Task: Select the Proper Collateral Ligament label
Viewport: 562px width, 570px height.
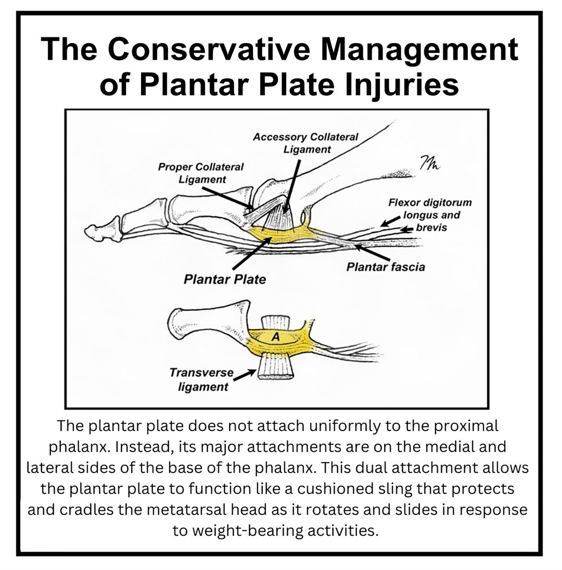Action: click(201, 173)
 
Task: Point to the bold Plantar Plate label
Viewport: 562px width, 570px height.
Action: click(224, 279)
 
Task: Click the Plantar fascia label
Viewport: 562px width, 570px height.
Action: click(386, 267)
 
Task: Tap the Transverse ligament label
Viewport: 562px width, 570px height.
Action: click(202, 379)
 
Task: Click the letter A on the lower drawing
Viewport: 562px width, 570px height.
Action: click(275, 337)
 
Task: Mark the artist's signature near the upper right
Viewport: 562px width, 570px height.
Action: click(429, 163)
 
